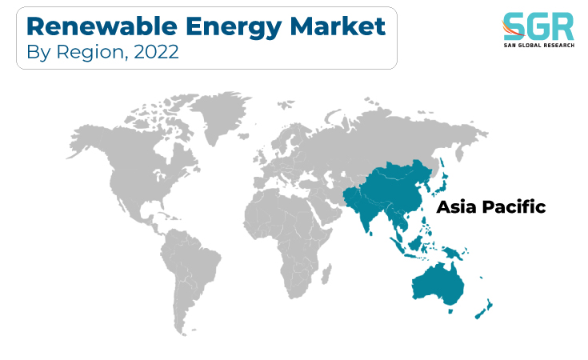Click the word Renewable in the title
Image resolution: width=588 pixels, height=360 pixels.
[102, 26]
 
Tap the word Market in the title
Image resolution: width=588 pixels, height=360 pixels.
[338, 26]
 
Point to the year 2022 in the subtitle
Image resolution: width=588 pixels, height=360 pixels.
[156, 52]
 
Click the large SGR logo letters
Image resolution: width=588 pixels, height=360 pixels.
[538, 26]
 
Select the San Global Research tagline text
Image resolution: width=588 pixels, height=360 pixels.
[539, 46]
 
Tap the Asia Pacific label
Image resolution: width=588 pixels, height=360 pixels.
[491, 206]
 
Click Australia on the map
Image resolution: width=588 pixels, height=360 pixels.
[438, 285]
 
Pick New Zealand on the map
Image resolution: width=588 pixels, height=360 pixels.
[484, 309]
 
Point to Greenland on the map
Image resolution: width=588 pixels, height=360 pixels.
[220, 114]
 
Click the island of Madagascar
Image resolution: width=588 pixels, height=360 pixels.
[326, 274]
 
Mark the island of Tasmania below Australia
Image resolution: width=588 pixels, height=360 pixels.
[451, 311]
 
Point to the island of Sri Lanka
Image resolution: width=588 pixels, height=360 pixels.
[371, 234]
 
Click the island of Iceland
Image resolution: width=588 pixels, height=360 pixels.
[243, 136]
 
